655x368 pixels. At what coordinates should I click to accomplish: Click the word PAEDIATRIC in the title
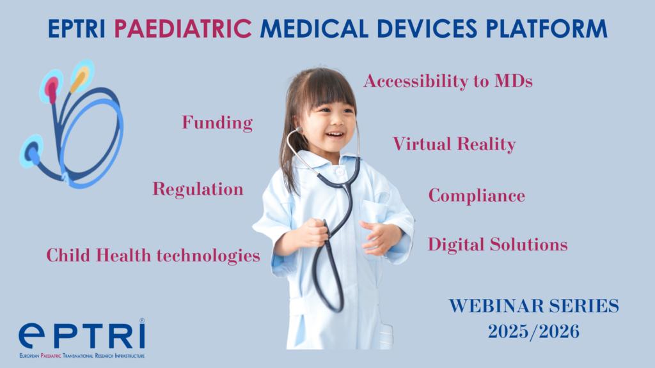(183, 29)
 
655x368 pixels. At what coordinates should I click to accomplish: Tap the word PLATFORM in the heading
(546, 29)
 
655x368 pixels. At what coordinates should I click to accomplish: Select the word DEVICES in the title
(427, 29)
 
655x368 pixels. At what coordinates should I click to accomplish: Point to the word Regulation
(198, 190)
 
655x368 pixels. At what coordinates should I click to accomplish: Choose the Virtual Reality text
(454, 144)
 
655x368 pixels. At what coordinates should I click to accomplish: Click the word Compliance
(477, 195)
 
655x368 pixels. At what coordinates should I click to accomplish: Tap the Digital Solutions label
(498, 245)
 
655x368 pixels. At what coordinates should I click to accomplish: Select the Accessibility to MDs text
(448, 81)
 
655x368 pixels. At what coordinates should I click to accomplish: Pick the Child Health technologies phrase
(154, 256)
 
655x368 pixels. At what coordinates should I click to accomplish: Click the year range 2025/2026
(534, 332)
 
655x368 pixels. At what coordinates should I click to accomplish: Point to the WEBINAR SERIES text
(534, 306)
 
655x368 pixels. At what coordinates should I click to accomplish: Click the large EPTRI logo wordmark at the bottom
(82, 335)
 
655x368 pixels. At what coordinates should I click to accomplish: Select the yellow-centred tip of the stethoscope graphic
(81, 77)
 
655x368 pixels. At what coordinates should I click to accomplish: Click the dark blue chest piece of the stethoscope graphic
(31, 152)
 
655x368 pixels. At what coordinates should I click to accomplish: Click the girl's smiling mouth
(335, 135)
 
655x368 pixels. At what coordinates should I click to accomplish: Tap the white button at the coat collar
(340, 171)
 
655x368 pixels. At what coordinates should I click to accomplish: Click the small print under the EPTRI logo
(82, 356)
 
